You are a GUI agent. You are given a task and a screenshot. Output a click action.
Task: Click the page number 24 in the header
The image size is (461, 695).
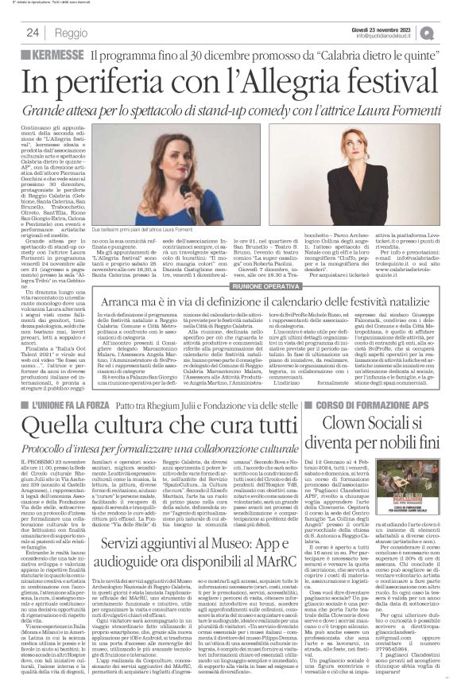(x=33, y=33)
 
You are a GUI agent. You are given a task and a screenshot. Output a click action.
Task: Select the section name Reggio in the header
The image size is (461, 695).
(x=71, y=33)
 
